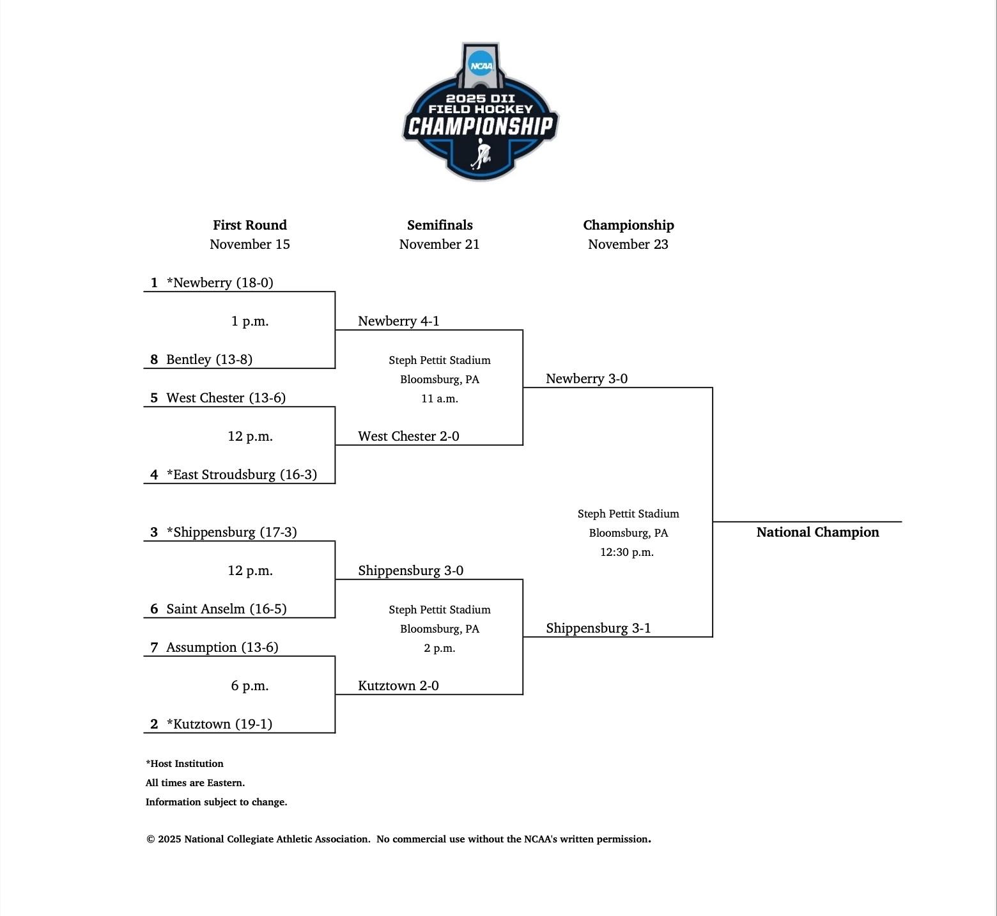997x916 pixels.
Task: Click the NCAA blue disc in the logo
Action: (481, 65)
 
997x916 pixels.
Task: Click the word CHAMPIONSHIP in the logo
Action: (480, 126)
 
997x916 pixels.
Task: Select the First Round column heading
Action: (250, 225)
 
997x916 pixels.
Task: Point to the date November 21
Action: (439, 244)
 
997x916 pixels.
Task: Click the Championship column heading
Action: (628, 225)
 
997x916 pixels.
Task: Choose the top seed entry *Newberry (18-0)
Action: (219, 283)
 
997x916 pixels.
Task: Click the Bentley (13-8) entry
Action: (209, 359)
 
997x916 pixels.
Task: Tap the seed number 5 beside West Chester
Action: (154, 398)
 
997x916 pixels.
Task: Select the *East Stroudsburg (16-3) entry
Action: (242, 475)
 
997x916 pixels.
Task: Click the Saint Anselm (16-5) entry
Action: (226, 609)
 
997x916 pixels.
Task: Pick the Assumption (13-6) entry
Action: (222, 647)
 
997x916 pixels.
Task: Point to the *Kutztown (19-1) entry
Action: (219, 724)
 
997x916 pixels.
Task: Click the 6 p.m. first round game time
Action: (250, 686)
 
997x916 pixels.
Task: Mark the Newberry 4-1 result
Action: (399, 321)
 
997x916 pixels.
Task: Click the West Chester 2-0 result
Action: (408, 436)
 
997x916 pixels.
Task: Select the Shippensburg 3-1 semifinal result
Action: (598, 628)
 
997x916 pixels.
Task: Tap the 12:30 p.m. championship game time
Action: (627, 552)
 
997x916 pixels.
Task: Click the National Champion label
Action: (817, 532)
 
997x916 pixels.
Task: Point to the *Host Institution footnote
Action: (185, 764)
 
